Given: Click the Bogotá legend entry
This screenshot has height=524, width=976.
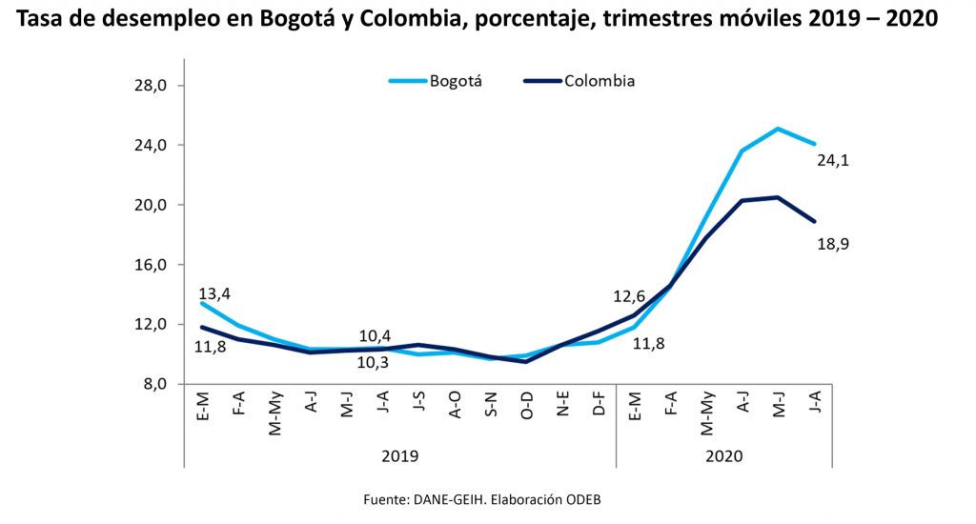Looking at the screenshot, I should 457,81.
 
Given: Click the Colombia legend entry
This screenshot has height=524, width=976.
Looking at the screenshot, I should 600,81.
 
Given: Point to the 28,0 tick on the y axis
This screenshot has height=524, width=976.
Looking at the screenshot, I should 151,86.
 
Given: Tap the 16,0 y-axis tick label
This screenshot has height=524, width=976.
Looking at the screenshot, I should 151,265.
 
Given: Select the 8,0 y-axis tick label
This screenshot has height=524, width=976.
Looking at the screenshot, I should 154,384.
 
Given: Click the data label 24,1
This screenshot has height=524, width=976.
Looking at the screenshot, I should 833,161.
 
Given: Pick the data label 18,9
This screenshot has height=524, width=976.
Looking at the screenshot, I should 833,244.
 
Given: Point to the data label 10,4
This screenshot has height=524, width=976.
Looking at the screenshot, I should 375,335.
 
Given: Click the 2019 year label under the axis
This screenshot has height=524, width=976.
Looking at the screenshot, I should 400,456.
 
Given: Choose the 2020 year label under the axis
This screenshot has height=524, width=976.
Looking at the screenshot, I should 724,456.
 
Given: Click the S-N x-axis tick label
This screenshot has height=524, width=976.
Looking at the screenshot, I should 491,406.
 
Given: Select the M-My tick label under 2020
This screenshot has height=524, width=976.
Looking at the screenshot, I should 707,413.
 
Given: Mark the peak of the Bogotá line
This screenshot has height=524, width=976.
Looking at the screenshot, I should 779,129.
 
